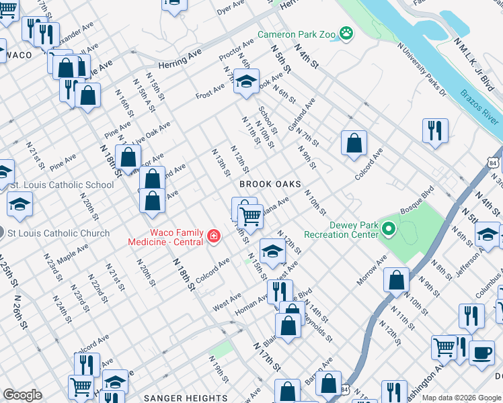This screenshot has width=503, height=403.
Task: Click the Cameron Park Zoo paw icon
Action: [346, 33]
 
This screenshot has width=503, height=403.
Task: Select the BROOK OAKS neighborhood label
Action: [270, 184]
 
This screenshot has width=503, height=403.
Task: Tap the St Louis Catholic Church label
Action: [58, 233]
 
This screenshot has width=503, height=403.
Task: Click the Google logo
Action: [22, 395]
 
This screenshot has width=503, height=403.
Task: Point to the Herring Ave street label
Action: [180, 63]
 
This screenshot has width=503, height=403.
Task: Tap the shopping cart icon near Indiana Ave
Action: [250, 216]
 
